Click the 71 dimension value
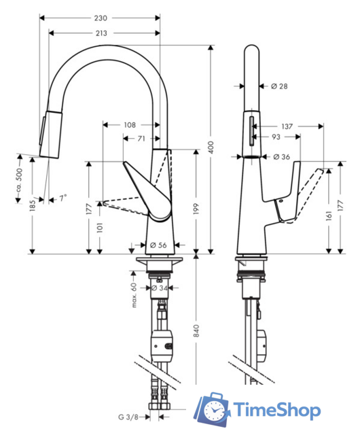point(141,138)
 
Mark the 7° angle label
point(62,198)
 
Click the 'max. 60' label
point(134,295)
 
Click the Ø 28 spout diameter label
point(280,86)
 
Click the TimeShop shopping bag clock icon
point(213,410)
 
